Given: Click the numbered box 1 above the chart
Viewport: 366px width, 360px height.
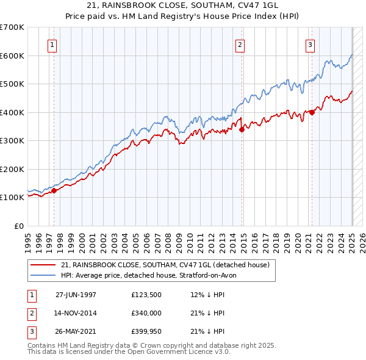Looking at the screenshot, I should click(52, 45).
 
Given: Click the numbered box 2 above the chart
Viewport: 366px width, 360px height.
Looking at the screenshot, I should click(240, 45).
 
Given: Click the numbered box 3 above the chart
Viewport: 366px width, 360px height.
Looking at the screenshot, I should click(310, 45).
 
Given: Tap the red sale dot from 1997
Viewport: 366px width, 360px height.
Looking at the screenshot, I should click(54, 190).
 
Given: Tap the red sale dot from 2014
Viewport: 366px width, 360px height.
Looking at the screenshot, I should click(242, 129).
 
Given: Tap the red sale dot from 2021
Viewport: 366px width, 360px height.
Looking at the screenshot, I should click(312, 112).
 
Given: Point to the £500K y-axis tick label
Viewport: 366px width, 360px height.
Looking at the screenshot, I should click(12, 84).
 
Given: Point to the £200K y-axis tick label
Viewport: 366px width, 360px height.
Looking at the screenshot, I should click(12, 169).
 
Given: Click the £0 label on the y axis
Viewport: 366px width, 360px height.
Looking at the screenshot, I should click(19, 226).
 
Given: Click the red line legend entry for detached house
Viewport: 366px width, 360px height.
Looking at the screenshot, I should click(169, 265).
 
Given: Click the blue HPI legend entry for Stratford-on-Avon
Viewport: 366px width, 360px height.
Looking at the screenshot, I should click(152, 275).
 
